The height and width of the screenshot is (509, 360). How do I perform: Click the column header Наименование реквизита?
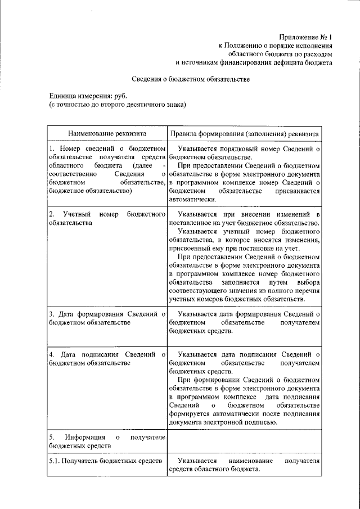tap(107, 134)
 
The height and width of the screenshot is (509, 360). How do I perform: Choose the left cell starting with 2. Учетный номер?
tap(107, 219)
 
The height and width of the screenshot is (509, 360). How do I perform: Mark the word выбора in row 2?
tap(307, 281)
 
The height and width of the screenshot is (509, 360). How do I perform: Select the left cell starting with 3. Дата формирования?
tap(107, 318)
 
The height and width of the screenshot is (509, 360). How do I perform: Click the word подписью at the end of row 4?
tap(259, 422)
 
